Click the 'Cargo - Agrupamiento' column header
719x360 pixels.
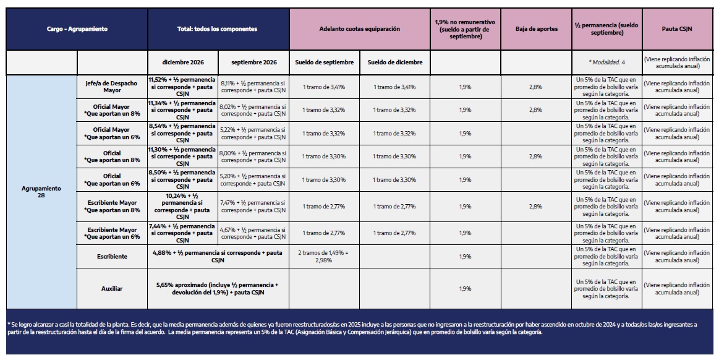pyautogui.click(x=77, y=29)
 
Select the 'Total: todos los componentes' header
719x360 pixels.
pyautogui.click(x=218, y=29)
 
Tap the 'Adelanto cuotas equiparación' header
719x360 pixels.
pyautogui.click(x=360, y=29)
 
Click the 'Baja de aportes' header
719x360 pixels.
pyautogui.click(x=537, y=29)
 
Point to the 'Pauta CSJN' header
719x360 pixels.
pyautogui.click(x=677, y=29)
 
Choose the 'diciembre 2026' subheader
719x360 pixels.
pyautogui.click(x=183, y=62)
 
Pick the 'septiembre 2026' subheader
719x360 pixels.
pyautogui.click(x=254, y=62)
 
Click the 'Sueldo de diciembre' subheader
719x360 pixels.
pyautogui.click(x=395, y=62)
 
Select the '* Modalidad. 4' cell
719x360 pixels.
pyautogui.click(x=606, y=62)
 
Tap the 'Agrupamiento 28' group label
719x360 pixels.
pyautogui.click(x=41, y=192)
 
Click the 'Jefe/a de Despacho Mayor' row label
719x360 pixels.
pyautogui.click(x=112, y=87)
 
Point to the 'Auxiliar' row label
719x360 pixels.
pyautogui.click(x=112, y=289)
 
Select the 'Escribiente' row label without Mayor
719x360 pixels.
pyautogui.click(x=112, y=257)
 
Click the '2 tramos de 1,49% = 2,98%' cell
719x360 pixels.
pyautogui.click(x=323, y=257)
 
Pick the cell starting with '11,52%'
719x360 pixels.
pyautogui.click(x=182, y=87)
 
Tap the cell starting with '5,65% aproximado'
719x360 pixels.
pyautogui.click(x=218, y=289)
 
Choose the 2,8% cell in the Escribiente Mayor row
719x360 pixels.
pyautogui.click(x=535, y=207)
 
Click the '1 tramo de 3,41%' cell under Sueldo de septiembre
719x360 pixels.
pyautogui.click(x=324, y=87)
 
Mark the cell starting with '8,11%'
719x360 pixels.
pyautogui.click(x=253, y=87)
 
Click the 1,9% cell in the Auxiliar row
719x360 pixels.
pyautogui.click(x=465, y=289)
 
